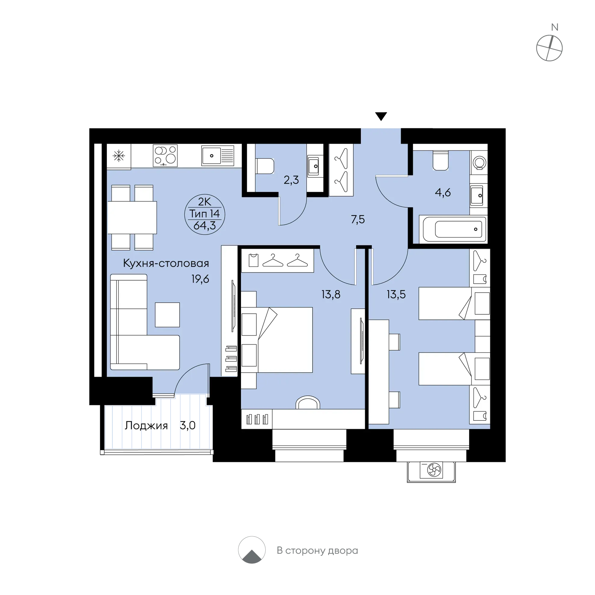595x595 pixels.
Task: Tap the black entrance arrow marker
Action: pyautogui.click(x=381, y=116)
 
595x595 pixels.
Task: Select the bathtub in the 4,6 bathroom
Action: pyautogui.click(x=454, y=229)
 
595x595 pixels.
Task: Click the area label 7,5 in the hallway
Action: pyautogui.click(x=358, y=220)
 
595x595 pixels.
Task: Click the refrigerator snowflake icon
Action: pyautogui.click(x=119, y=156)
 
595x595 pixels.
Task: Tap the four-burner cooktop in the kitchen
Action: pyautogui.click(x=165, y=156)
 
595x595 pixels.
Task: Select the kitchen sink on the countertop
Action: pyautogui.click(x=218, y=156)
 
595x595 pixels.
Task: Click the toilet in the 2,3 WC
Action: pyautogui.click(x=264, y=166)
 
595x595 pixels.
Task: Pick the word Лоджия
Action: pyautogui.click(x=146, y=426)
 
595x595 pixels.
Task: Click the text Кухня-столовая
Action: pyautogui.click(x=166, y=263)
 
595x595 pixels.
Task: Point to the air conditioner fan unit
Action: pyautogui.click(x=431, y=470)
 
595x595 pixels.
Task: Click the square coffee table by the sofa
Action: pyautogui.click(x=167, y=315)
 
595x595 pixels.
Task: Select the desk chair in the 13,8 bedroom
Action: pyautogui.click(x=308, y=402)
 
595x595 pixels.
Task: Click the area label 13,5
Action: pyautogui.click(x=396, y=295)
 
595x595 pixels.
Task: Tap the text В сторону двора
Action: pyautogui.click(x=317, y=550)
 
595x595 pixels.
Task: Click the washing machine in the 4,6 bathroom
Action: pyautogui.click(x=479, y=162)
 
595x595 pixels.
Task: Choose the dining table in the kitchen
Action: pyautogui.click(x=132, y=218)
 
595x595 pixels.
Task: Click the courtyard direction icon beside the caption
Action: pyautogui.click(x=252, y=550)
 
